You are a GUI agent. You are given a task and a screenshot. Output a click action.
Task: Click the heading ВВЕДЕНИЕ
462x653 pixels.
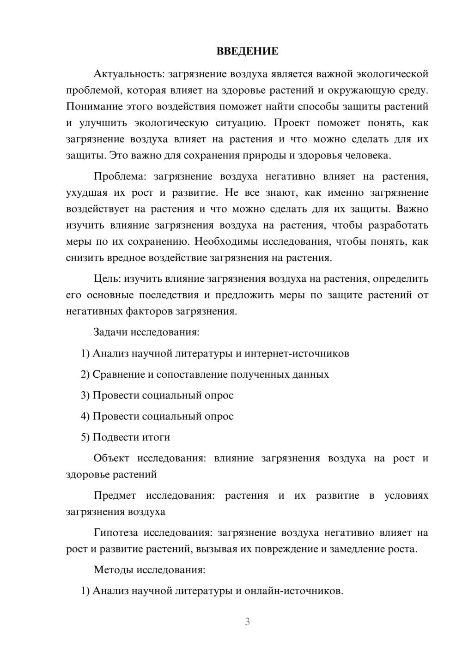[247, 51]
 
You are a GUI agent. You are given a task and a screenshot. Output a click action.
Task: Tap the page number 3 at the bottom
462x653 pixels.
[247, 622]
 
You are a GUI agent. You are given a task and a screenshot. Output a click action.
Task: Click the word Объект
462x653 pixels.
[111, 458]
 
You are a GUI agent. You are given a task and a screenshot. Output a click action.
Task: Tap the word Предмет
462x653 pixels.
[115, 496]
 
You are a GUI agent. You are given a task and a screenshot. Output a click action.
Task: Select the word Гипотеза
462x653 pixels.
[115, 532]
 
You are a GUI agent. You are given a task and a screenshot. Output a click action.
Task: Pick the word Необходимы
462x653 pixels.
[225, 242]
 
